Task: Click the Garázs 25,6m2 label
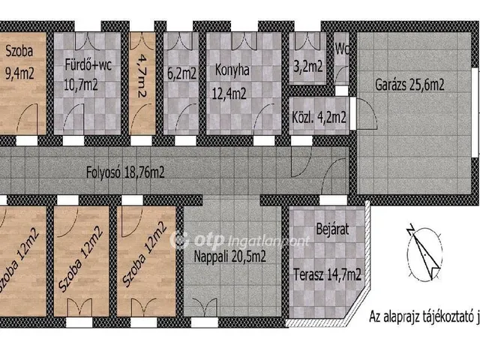pyautogui.click(x=409, y=85)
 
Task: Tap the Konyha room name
pyautogui.click(x=232, y=70)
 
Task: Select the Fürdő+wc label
pyautogui.click(x=88, y=65)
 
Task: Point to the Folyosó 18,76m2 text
pyautogui.click(x=125, y=172)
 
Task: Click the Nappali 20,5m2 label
pyautogui.click(x=230, y=256)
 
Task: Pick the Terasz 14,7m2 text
pyautogui.click(x=327, y=274)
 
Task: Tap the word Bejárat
pyautogui.click(x=332, y=229)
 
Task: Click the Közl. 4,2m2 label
pyautogui.click(x=319, y=117)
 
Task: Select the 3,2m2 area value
pyautogui.click(x=308, y=67)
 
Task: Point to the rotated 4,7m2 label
pyautogui.click(x=142, y=76)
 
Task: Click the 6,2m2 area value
pyautogui.click(x=181, y=73)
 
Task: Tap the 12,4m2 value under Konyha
pyautogui.click(x=229, y=94)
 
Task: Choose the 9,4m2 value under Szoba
pyautogui.click(x=19, y=73)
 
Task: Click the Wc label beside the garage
pyautogui.click(x=342, y=49)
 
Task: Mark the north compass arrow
pyautogui.click(x=424, y=252)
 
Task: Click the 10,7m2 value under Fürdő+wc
pyautogui.click(x=81, y=85)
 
